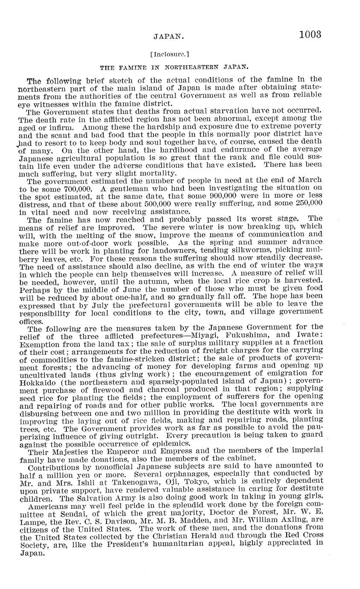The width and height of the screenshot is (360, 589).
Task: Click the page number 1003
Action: (310, 35)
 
